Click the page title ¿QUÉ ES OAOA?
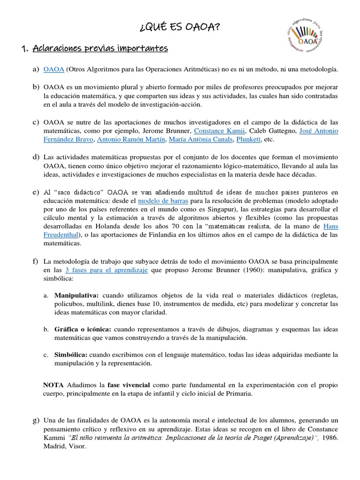(x=180, y=29)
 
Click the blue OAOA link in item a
(x=53, y=69)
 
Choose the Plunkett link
(x=248, y=139)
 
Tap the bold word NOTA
(x=53, y=384)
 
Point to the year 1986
(x=330, y=437)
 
